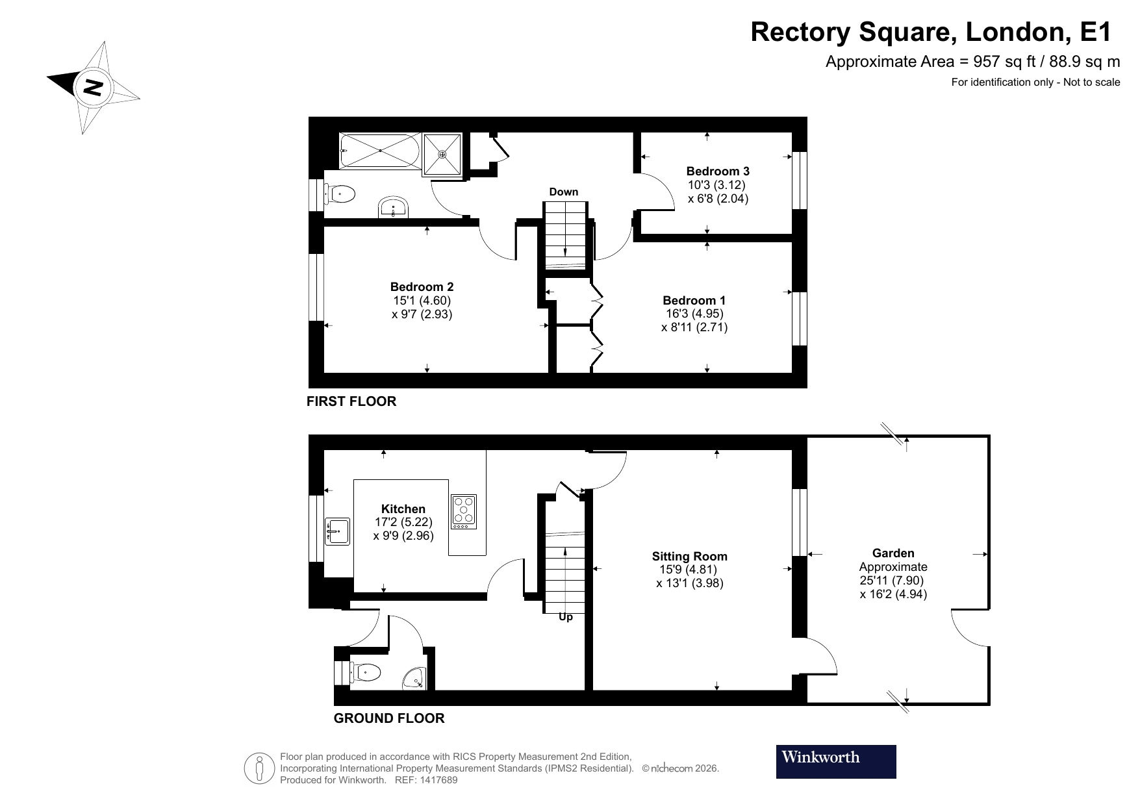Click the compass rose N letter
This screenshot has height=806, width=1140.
click(x=94, y=87)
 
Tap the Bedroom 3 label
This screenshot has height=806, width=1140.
click(x=718, y=171)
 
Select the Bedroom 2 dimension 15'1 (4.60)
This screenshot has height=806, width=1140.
click(x=422, y=301)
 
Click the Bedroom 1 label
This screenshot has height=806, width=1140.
click(x=694, y=300)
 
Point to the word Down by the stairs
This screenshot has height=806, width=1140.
click(x=563, y=192)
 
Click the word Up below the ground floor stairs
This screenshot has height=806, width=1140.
click(x=566, y=617)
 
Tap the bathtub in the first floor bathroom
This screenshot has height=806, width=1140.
click(x=379, y=151)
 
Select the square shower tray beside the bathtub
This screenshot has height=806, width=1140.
click(x=442, y=155)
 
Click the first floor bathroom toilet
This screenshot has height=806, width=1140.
click(x=341, y=194)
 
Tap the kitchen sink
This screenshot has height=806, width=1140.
click(x=337, y=531)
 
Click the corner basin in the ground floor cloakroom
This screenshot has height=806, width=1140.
click(x=415, y=679)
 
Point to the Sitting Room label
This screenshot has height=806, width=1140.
click(x=689, y=557)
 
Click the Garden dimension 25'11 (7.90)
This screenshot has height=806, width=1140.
click(x=891, y=581)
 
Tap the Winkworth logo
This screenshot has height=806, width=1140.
click(x=835, y=761)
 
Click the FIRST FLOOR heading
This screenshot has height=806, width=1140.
click(x=351, y=401)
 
